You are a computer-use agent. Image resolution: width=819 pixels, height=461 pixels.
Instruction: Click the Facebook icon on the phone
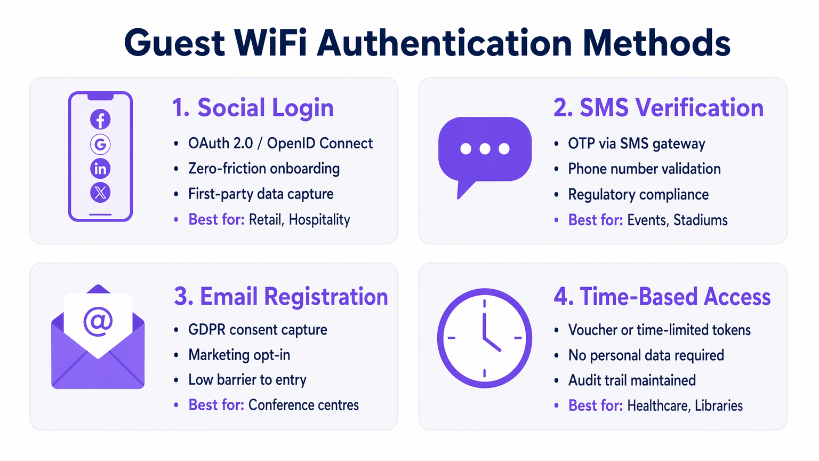click(100, 120)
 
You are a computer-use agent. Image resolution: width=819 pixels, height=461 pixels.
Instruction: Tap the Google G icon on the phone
click(100, 144)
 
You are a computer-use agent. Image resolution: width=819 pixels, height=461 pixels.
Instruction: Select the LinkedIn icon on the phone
click(100, 169)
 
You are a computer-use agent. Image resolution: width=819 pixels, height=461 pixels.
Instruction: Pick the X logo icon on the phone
click(100, 192)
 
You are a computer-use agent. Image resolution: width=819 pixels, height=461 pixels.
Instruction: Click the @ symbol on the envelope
click(98, 321)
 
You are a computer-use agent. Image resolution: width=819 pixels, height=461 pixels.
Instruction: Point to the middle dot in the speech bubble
click(485, 149)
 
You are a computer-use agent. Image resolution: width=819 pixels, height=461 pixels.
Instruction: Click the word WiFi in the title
click(270, 43)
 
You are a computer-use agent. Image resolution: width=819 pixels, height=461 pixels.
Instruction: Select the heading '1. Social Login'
click(253, 108)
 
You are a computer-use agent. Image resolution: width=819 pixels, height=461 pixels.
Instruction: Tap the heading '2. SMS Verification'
click(659, 108)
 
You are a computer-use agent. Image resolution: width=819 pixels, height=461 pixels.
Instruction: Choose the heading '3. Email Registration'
click(281, 297)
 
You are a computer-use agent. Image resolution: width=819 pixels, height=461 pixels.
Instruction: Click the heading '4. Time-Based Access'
click(662, 297)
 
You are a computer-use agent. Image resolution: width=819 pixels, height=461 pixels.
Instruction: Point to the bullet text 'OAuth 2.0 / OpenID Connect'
click(280, 144)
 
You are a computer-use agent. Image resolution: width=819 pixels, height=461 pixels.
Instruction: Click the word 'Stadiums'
click(700, 220)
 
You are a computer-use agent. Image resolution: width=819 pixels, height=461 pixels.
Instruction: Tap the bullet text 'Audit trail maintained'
click(632, 380)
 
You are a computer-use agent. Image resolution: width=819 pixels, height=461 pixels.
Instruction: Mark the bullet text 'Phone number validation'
click(644, 169)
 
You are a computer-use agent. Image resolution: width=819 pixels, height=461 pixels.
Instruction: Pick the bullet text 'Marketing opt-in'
click(239, 355)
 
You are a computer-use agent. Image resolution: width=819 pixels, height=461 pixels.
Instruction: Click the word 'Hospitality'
click(319, 220)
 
